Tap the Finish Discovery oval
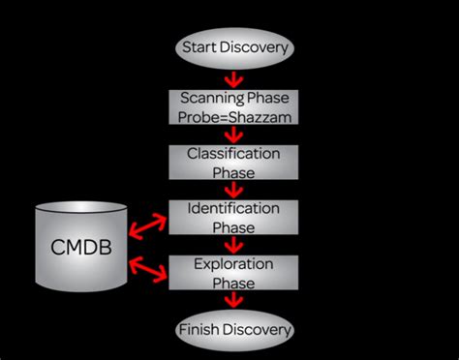233,331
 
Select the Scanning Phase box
233,107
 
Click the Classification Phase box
233,162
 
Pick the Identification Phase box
233,217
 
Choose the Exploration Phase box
233,272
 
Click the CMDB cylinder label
82,248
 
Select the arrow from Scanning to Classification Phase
231,135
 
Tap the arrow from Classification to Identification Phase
231,190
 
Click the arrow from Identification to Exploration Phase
231,245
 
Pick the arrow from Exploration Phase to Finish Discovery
231,302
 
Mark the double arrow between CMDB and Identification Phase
147,226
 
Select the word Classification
233,153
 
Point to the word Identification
233,208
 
